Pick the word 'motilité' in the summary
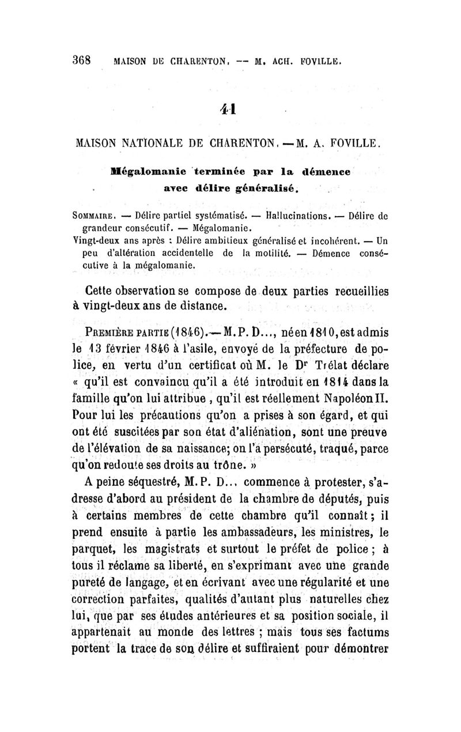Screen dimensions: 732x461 coord(269,253)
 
